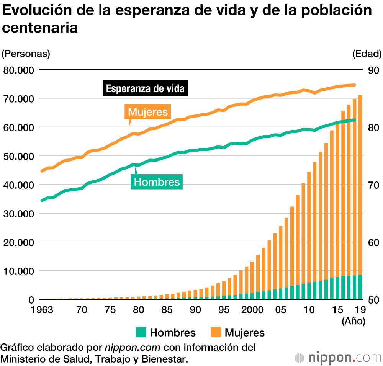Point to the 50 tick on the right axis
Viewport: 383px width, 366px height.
tap(373, 300)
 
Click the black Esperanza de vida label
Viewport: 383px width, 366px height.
tap(145, 89)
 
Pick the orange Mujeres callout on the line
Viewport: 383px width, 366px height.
tap(148, 112)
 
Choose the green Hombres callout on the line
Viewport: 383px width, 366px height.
tap(157, 181)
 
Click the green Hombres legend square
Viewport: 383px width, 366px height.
tap(141, 332)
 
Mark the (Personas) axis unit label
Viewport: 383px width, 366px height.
tap(26, 54)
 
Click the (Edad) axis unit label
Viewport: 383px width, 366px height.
tap(367, 54)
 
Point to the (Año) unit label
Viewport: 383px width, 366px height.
tap(354, 322)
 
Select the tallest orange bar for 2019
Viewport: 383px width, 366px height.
tap(360, 184)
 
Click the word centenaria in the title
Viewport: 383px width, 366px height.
tap(40, 28)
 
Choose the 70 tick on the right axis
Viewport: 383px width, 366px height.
tap(373, 185)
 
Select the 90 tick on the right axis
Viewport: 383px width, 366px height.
tap(373, 70)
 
